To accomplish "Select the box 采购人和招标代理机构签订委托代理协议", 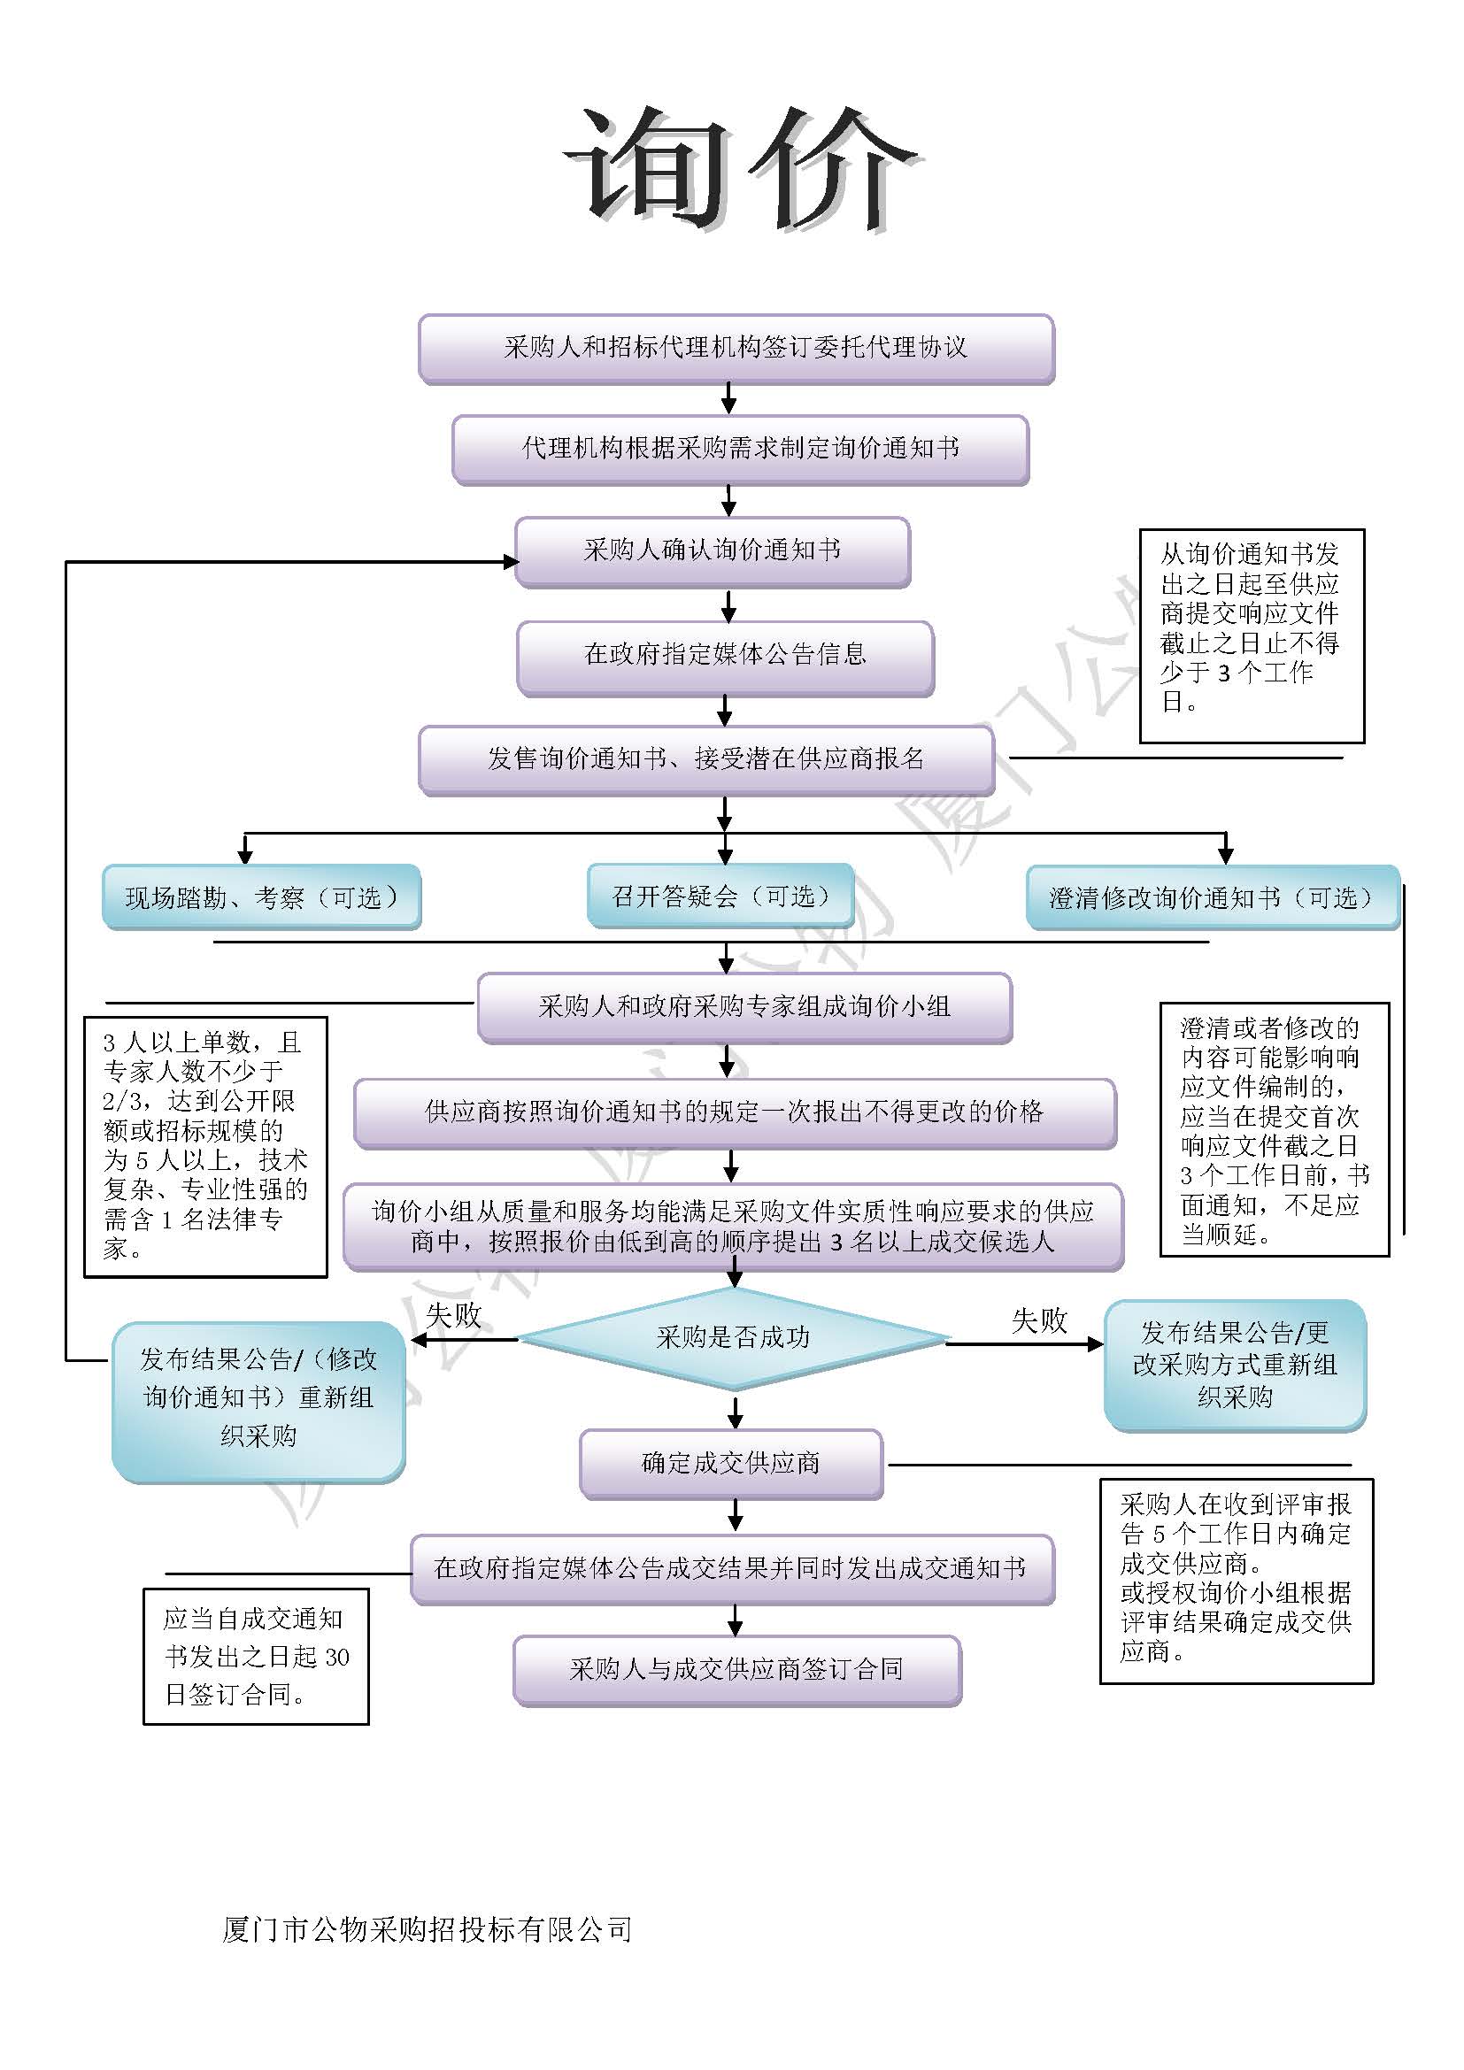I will point(736,348).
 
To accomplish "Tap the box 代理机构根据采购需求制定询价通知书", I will point(740,449).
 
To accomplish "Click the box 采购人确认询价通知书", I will point(713,550).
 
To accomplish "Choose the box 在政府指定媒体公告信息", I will point(725,656).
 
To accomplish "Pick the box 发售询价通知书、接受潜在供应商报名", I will point(705,760).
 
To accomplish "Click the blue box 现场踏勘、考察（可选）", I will point(261,897).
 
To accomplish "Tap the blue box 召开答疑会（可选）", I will point(720,896).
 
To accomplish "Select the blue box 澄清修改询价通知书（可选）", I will point(1212,898).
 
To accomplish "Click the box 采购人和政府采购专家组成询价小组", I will point(744,1007).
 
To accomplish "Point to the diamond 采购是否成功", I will point(733,1338).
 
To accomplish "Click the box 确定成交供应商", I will point(731,1463).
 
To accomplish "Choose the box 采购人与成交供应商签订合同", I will point(736,1670).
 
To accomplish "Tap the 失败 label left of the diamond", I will point(453,1315).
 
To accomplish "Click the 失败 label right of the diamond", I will point(1038,1320).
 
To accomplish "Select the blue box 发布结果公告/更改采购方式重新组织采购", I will point(1235,1364).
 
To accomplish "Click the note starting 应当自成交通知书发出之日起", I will point(256,1656).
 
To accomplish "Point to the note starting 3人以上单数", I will point(205,1146).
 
